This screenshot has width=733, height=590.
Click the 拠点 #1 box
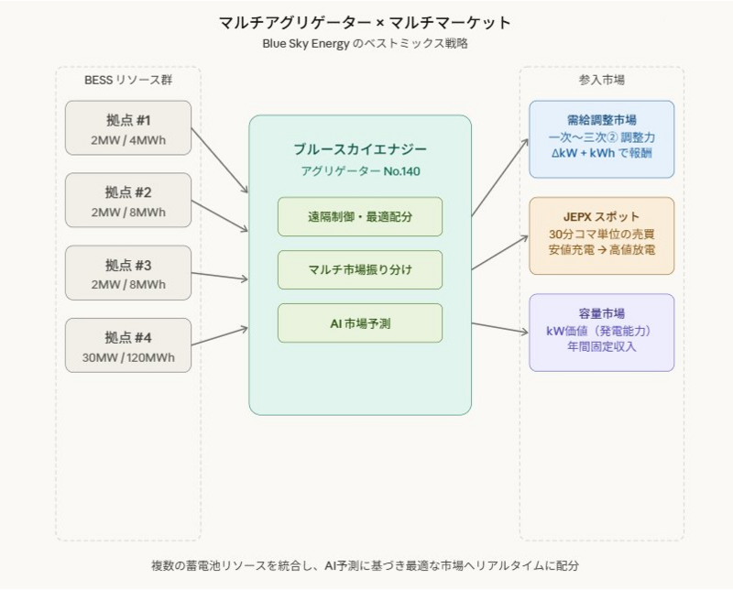click(x=128, y=127)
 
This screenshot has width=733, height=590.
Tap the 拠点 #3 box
click(x=128, y=272)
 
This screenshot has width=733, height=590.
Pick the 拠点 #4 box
click(x=128, y=344)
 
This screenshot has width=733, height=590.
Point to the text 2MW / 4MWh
click(x=128, y=139)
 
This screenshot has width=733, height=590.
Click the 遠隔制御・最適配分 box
click(x=360, y=217)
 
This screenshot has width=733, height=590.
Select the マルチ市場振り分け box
click(x=360, y=270)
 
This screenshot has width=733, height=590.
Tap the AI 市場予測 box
click(x=360, y=322)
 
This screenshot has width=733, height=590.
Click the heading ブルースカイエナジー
click(x=360, y=149)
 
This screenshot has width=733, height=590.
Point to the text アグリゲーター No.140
click(x=360, y=171)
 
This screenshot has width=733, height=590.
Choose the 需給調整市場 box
click(x=601, y=139)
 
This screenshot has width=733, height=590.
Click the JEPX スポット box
click(x=601, y=235)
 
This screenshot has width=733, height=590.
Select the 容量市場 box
click(x=601, y=332)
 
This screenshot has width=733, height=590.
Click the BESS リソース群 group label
click(x=128, y=81)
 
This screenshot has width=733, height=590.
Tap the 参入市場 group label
click(x=601, y=81)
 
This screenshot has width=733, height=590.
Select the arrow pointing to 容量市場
click(x=499, y=328)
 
